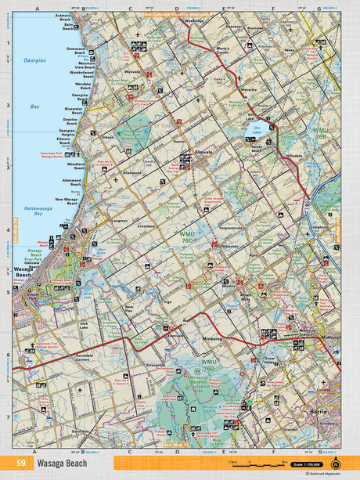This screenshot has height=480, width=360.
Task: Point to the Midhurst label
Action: pyautogui.click(x=329, y=337)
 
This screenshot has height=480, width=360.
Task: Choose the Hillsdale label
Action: pyautogui.click(x=294, y=157)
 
